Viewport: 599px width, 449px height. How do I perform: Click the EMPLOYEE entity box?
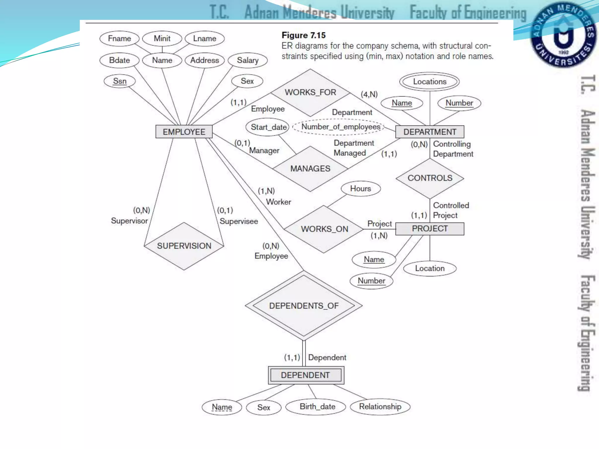point(184,132)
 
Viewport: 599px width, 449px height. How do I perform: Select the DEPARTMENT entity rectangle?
point(429,132)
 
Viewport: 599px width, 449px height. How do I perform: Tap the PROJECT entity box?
point(429,229)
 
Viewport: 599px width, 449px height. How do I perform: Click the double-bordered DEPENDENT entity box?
point(306,375)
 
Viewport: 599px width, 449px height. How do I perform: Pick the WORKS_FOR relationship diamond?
point(310,92)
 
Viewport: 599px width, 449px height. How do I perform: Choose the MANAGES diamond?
point(310,169)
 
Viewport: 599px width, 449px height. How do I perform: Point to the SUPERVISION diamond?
point(184,246)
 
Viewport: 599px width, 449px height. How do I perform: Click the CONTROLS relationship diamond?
point(430,178)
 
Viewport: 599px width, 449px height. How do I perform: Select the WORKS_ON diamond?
point(324,229)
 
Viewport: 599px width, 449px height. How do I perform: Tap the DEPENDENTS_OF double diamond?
point(304,306)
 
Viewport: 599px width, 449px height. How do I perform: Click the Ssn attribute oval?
point(120,81)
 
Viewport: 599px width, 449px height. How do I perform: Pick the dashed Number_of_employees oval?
point(340,127)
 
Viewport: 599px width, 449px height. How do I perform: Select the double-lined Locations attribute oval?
point(429,82)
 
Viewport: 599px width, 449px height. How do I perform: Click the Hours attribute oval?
point(360,189)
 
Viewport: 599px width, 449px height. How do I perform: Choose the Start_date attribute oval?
point(268,127)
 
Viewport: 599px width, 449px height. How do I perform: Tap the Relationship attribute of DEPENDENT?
point(380,407)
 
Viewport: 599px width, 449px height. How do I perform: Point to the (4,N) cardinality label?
point(369,94)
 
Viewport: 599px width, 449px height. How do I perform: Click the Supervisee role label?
point(239,221)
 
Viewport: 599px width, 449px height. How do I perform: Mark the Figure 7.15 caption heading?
point(304,35)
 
